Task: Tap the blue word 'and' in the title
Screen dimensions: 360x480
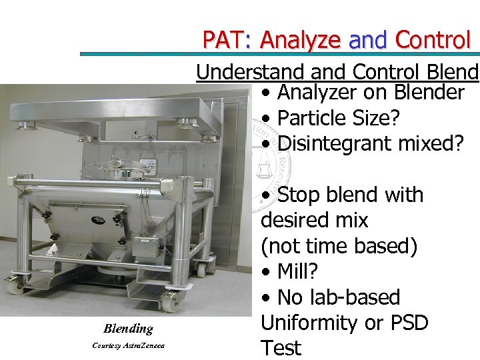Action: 369,41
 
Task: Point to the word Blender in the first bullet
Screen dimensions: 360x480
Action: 427,93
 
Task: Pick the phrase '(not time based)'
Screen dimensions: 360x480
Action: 339,246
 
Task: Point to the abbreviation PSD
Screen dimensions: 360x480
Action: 404,323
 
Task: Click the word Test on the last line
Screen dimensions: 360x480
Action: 281,348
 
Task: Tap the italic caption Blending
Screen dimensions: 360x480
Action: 128,328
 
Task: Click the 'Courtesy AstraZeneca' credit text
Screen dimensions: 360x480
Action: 128,345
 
